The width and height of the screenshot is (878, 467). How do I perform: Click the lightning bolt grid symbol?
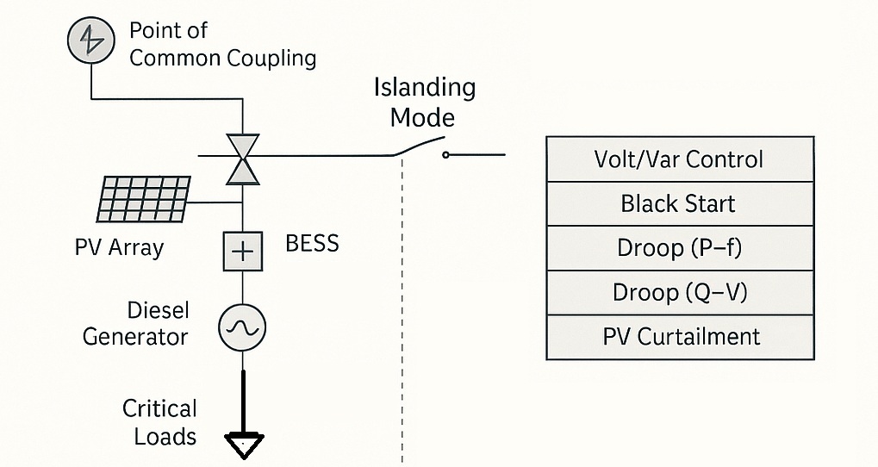click(91, 40)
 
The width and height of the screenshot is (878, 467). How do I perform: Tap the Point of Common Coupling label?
click(223, 44)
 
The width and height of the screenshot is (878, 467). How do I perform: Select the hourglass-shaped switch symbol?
click(242, 159)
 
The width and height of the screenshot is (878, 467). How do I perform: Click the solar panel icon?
click(144, 199)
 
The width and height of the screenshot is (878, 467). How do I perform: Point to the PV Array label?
click(119, 247)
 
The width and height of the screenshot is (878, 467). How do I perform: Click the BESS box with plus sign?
click(243, 252)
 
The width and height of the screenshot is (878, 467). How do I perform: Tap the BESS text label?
click(313, 244)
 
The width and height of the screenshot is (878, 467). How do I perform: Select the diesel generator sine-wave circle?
click(242, 327)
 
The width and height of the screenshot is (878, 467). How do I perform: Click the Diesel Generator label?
click(135, 324)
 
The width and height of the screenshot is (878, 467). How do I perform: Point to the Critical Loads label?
click(159, 423)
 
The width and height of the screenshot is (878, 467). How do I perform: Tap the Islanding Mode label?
click(425, 103)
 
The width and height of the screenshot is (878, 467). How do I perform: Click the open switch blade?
click(419, 146)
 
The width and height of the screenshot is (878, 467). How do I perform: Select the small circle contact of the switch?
click(445, 154)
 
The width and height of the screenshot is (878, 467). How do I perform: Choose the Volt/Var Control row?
click(680, 159)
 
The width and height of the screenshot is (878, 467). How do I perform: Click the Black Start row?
click(680, 204)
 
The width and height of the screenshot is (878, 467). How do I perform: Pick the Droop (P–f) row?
click(680, 248)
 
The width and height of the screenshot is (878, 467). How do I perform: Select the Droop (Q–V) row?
click(680, 293)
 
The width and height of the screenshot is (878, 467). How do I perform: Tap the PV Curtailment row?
click(680, 337)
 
